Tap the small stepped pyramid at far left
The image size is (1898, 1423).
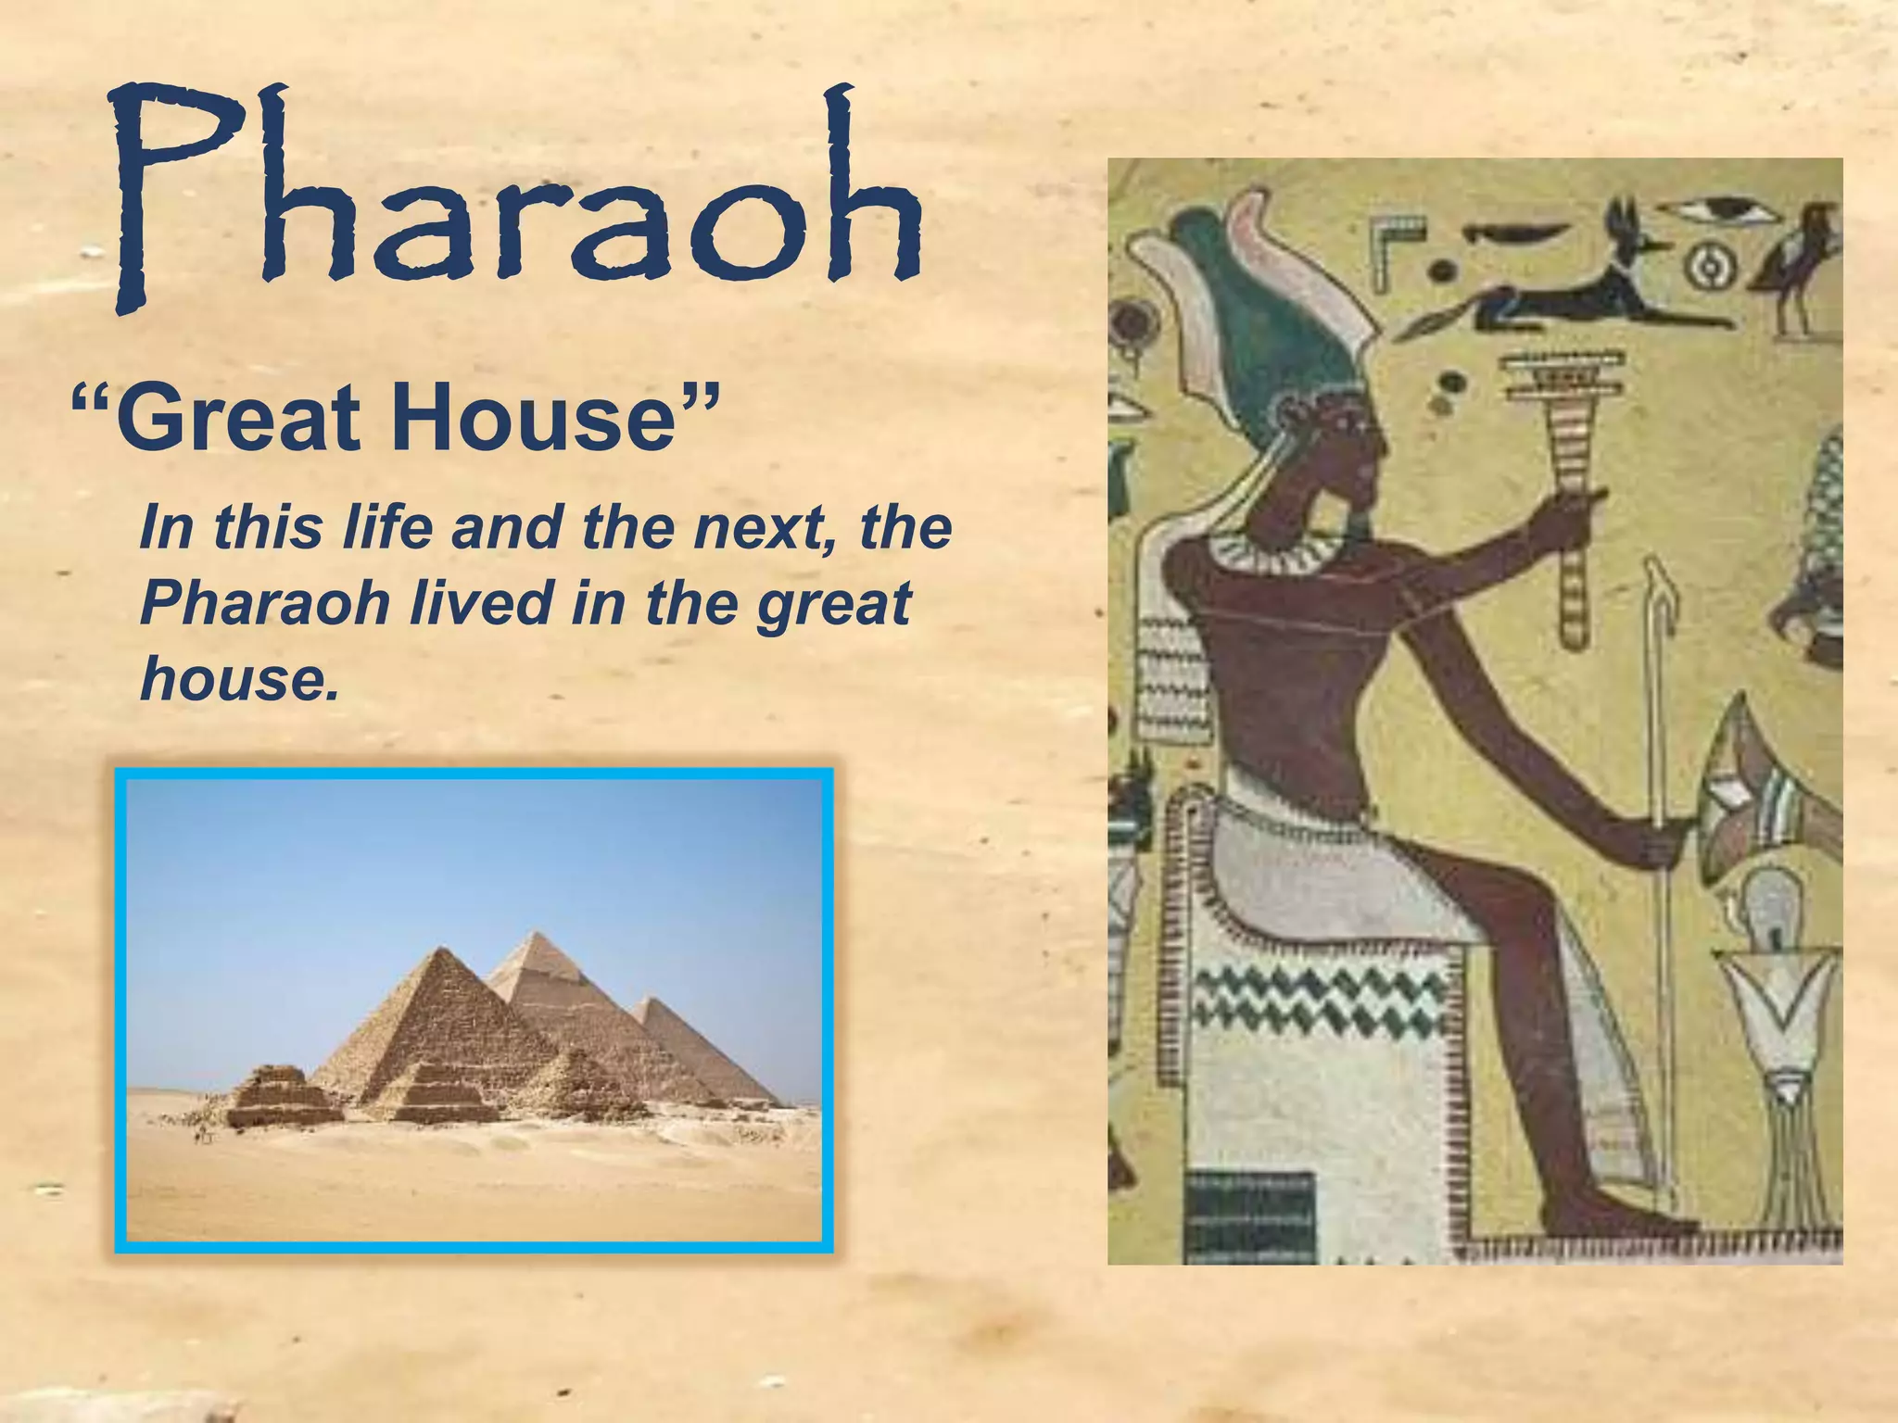click(283, 1098)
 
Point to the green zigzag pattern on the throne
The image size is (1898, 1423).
click(1316, 1010)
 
